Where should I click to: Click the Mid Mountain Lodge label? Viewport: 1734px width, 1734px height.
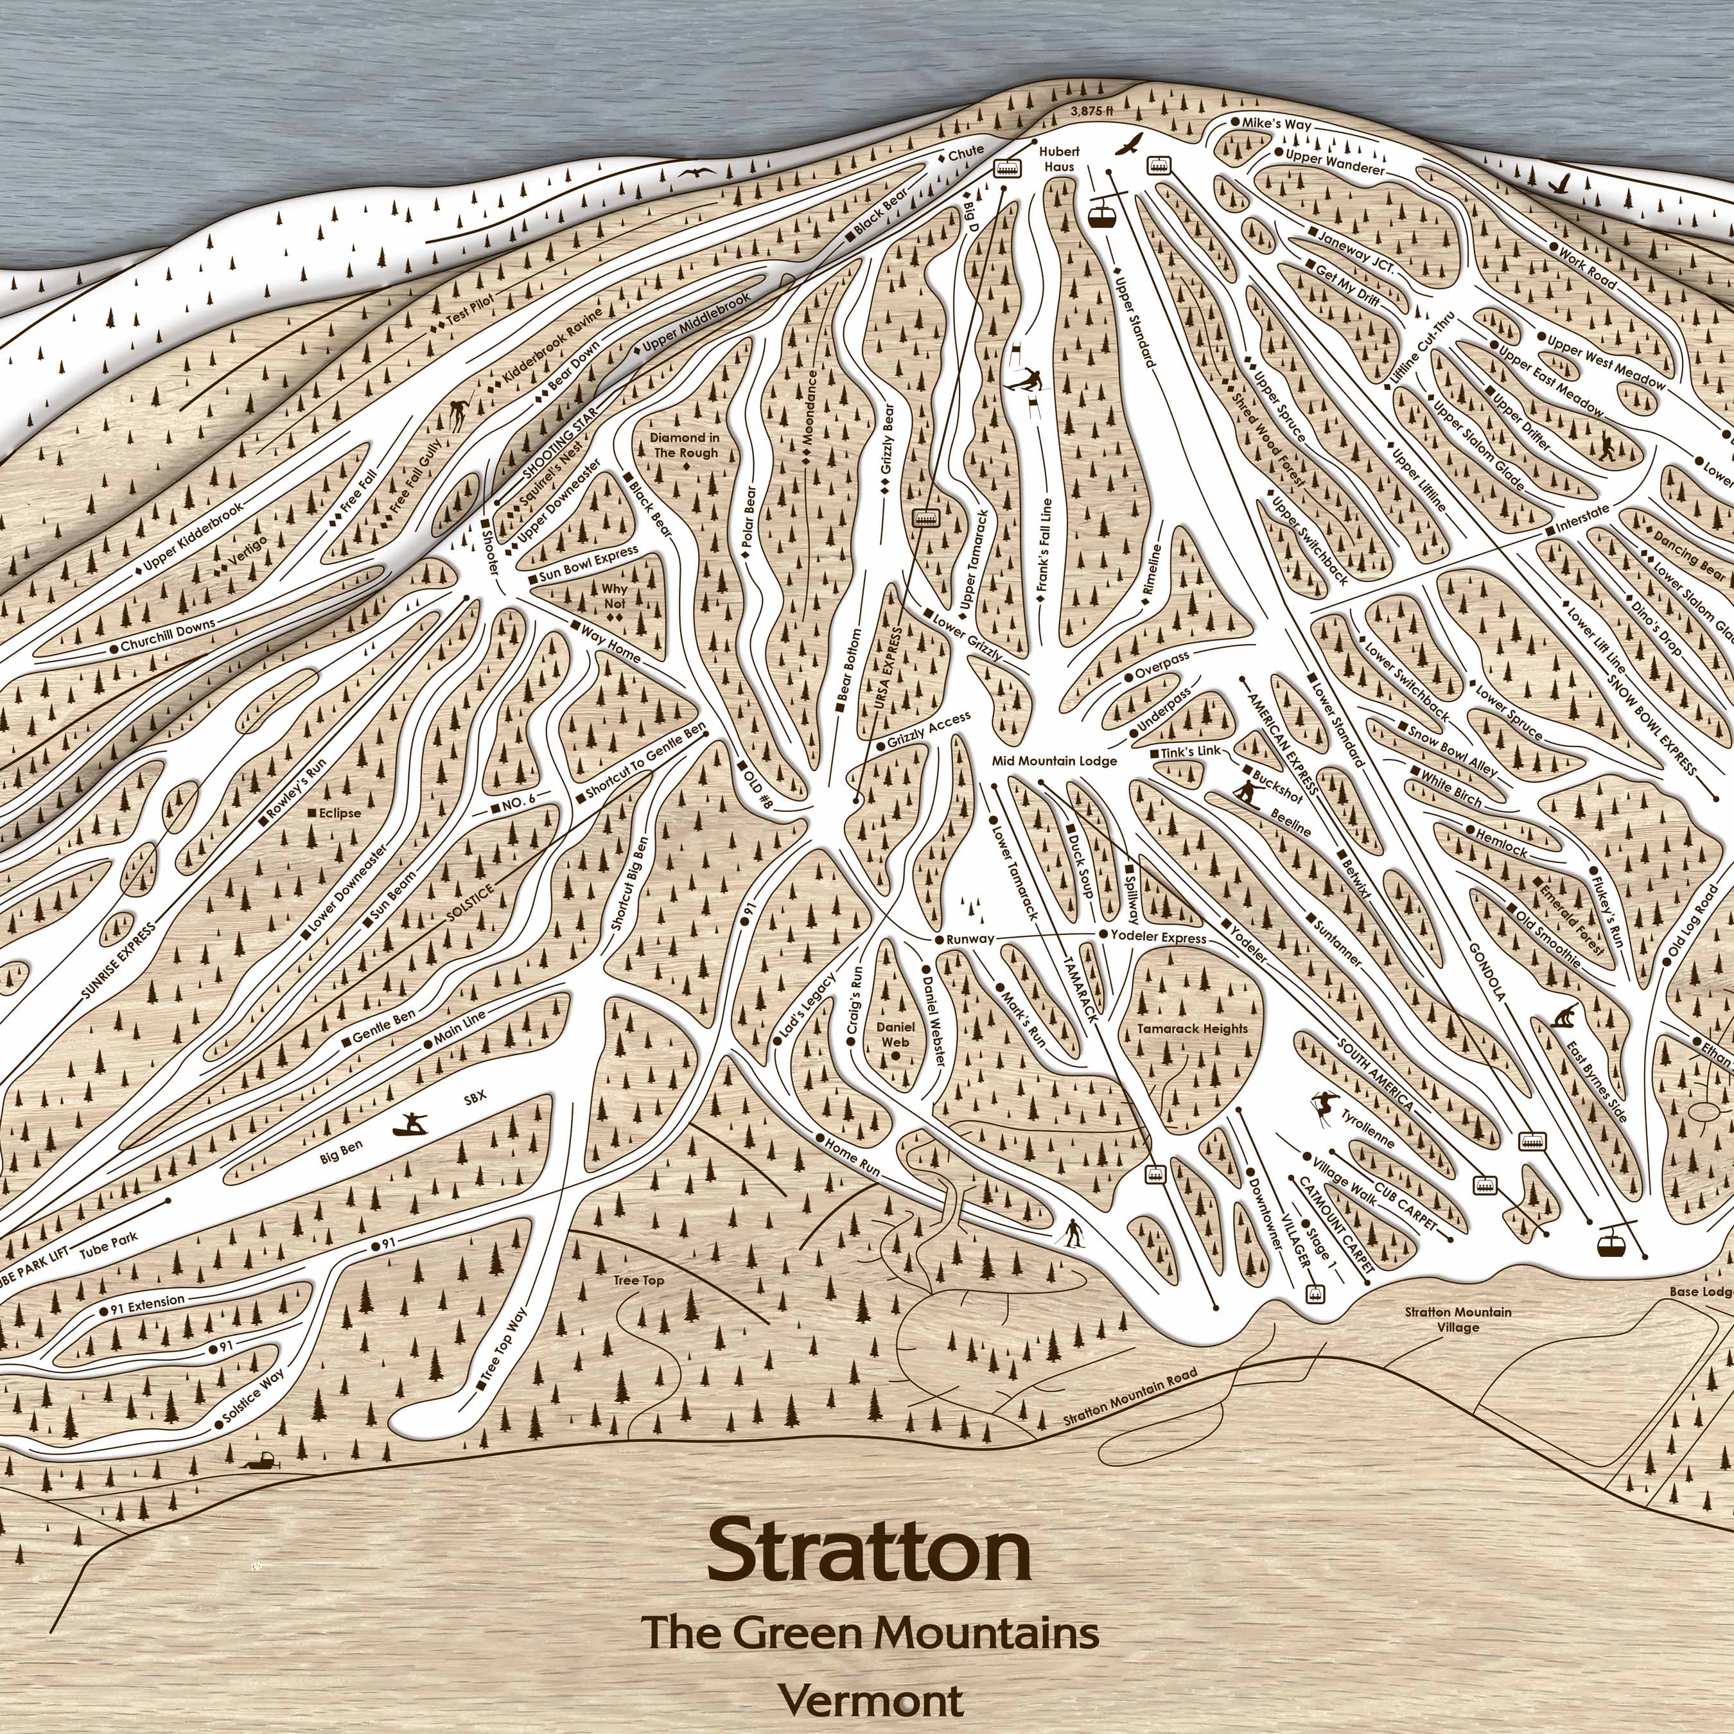pos(1055,761)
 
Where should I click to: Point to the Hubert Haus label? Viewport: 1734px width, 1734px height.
pos(1059,159)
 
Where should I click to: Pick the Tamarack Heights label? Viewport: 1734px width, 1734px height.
pos(1192,1029)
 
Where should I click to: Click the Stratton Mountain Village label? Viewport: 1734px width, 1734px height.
pos(1458,1319)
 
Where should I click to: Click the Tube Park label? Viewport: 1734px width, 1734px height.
pos(109,1239)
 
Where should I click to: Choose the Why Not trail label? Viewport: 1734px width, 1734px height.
pos(615,596)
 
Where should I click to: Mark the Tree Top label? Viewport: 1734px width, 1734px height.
pos(639,1280)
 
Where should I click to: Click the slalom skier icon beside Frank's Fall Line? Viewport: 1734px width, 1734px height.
pos(1026,382)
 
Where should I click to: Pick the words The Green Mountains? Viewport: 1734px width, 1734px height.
pos(870,1631)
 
